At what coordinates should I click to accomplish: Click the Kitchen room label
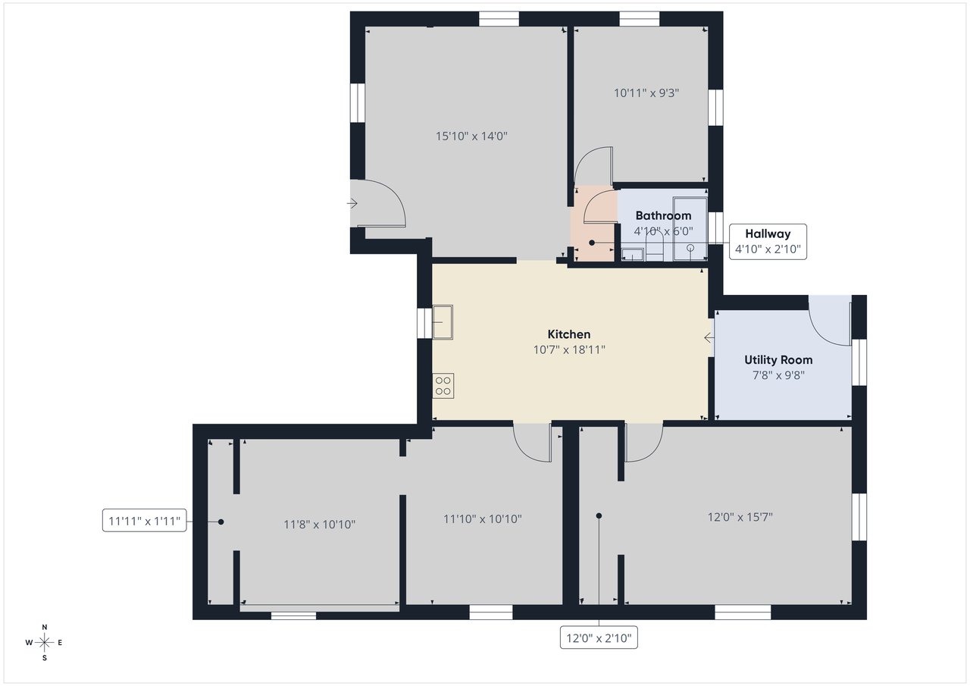point(568,334)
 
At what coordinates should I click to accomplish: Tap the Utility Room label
point(778,360)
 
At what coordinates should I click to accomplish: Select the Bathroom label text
point(663,216)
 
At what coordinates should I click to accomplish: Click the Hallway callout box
point(768,242)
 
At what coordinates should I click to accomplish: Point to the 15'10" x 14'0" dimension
point(471,136)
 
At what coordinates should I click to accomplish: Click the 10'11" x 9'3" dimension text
point(646,93)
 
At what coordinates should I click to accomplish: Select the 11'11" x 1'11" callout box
point(144,520)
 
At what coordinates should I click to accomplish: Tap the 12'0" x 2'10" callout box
point(599,637)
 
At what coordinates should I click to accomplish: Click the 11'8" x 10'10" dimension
point(319,525)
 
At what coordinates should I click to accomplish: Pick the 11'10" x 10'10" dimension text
point(483,518)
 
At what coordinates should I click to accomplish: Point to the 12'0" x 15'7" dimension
point(740,517)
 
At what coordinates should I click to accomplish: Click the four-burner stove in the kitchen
point(443,386)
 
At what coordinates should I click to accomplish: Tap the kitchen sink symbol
point(443,322)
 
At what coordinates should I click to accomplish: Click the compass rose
point(44,643)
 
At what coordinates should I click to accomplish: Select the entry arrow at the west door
point(352,203)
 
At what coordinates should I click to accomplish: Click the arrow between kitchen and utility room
point(709,337)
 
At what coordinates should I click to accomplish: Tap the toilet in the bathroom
point(654,245)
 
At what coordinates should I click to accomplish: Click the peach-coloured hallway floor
point(593,224)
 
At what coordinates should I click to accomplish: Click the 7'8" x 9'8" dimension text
point(778,375)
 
